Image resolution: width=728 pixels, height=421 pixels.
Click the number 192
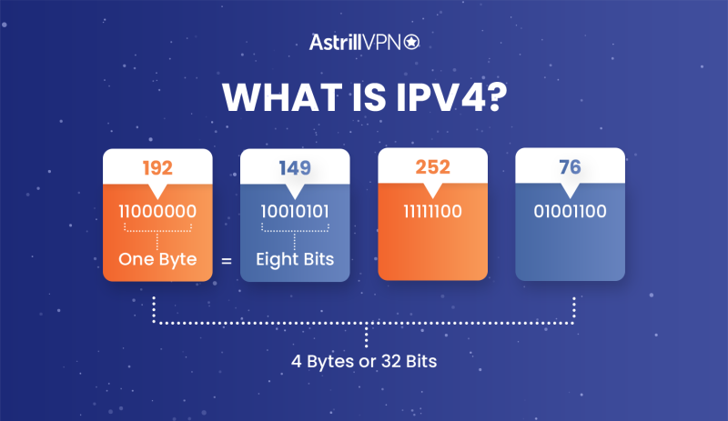[157, 168]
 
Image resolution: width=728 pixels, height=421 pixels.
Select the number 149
[295, 168]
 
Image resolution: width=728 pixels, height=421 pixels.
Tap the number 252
[432, 168]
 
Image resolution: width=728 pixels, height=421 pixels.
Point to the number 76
[570, 168]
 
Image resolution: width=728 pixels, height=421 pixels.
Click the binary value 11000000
[157, 212]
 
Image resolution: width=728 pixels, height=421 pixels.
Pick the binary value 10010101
[295, 212]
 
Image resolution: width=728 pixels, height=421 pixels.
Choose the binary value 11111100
[432, 212]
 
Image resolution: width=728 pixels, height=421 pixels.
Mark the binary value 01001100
[570, 212]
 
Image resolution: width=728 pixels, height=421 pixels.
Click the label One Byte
[157, 259]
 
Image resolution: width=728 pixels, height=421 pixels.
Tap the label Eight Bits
[295, 259]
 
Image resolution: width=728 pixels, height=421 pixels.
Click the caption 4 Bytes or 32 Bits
[364, 361]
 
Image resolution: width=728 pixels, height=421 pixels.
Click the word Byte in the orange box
[177, 259]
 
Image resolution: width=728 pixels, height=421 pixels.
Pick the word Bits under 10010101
[315, 259]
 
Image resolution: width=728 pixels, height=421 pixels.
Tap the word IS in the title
[359, 98]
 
